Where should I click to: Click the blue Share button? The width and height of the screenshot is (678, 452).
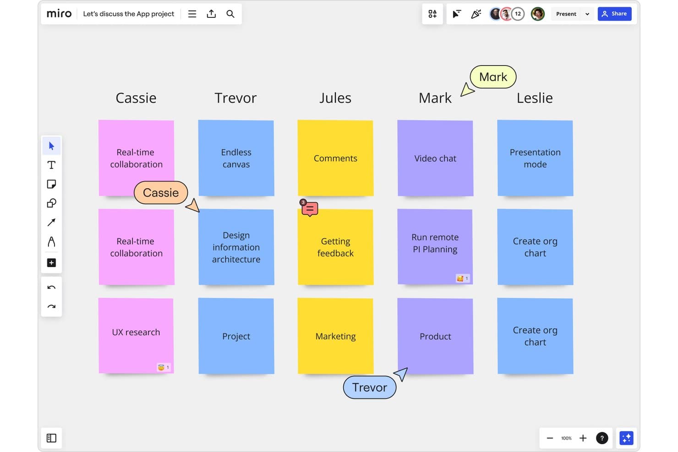pyautogui.click(x=614, y=14)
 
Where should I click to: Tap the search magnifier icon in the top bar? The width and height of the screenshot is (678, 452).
pyautogui.click(x=230, y=14)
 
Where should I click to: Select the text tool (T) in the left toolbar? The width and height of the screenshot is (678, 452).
pyautogui.click(x=51, y=165)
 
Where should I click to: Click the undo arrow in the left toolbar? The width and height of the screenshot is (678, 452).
pyautogui.click(x=51, y=288)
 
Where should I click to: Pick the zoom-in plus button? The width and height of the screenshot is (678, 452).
pyautogui.click(x=583, y=438)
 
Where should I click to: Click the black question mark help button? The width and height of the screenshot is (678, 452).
pyautogui.click(x=602, y=438)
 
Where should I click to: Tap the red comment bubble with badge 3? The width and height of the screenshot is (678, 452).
pyautogui.click(x=309, y=208)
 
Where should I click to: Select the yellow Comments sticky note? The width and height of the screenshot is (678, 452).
pyautogui.click(x=335, y=158)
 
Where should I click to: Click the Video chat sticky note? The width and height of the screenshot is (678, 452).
pyautogui.click(x=435, y=158)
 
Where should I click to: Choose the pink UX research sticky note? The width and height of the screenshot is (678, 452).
pyautogui.click(x=136, y=336)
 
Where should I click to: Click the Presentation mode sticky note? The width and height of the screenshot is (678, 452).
pyautogui.click(x=535, y=158)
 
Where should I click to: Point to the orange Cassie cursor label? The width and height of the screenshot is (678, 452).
pyautogui.click(x=161, y=193)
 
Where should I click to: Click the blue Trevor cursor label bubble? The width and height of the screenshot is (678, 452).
pyautogui.click(x=370, y=387)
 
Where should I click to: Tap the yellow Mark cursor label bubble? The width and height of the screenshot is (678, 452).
pyautogui.click(x=493, y=77)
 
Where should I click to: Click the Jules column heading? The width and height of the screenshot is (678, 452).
pyautogui.click(x=335, y=98)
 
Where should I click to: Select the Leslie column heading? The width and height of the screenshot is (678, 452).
pyautogui.click(x=535, y=98)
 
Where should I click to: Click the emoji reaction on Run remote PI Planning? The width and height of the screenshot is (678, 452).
pyautogui.click(x=463, y=278)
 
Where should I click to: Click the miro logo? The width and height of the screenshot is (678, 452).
pyautogui.click(x=59, y=14)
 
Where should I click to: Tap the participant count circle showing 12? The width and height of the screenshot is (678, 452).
pyautogui.click(x=518, y=14)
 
